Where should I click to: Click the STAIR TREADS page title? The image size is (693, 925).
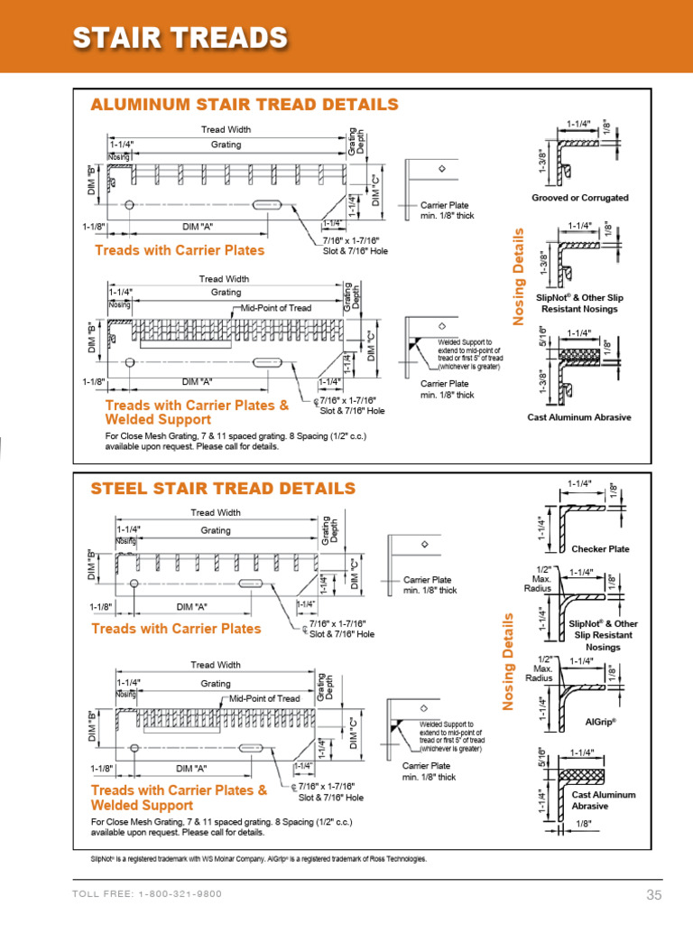point(180,38)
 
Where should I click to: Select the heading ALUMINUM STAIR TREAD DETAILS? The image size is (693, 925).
point(244,105)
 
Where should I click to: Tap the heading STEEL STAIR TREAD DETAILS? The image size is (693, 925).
point(223,489)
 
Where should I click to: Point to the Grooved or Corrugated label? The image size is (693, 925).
point(580,197)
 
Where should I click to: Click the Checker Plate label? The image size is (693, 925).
point(600,548)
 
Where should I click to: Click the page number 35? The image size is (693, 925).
point(654,894)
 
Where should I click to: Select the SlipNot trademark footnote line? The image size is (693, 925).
point(258,858)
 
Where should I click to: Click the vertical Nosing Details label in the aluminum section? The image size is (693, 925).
point(518,276)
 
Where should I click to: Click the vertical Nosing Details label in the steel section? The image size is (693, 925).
point(508,661)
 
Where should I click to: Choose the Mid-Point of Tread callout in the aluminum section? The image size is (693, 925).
point(275,308)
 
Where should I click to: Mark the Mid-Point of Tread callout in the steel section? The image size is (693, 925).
point(264,698)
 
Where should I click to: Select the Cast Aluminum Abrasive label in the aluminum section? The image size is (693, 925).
point(578,416)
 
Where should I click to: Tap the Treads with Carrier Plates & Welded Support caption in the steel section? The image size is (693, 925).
point(179,797)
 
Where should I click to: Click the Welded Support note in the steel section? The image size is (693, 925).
point(451,736)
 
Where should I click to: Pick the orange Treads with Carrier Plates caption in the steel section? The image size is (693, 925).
point(176,629)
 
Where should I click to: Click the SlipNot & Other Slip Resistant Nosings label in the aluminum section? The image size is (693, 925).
point(579,303)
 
